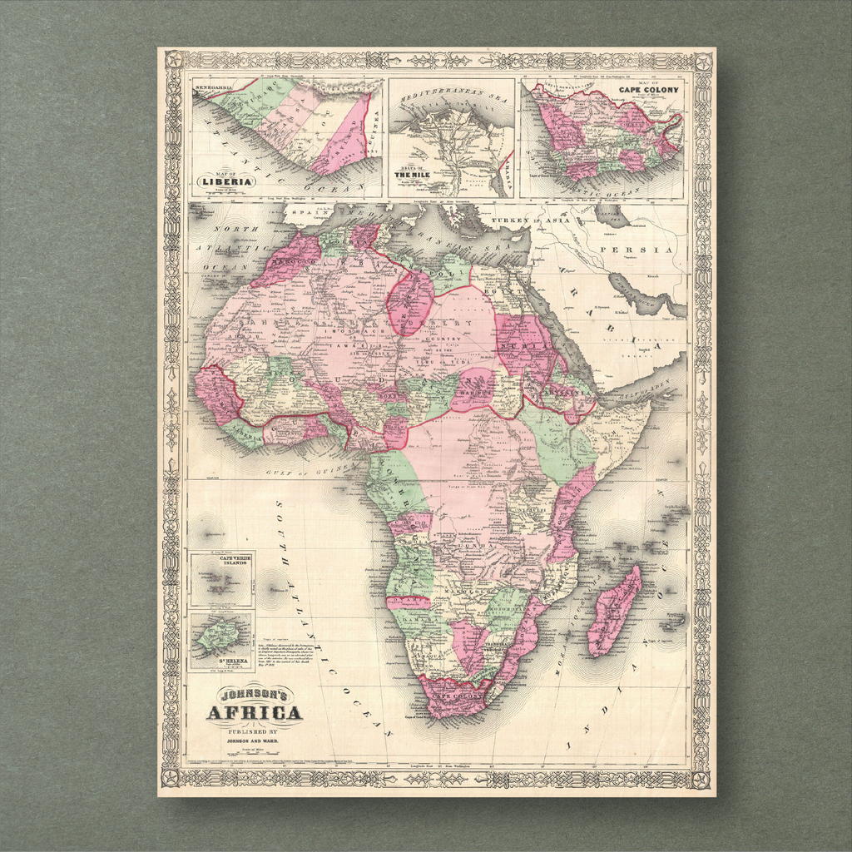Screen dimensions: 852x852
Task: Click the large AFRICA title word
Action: click(x=254, y=713)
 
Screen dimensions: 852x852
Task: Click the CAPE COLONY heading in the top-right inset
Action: click(x=648, y=90)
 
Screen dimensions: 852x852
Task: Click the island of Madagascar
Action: click(x=615, y=611)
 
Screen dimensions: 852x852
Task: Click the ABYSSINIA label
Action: click(x=553, y=386)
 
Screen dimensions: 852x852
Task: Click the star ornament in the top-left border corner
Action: click(x=174, y=61)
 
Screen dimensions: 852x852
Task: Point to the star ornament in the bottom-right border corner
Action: click(x=701, y=780)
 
